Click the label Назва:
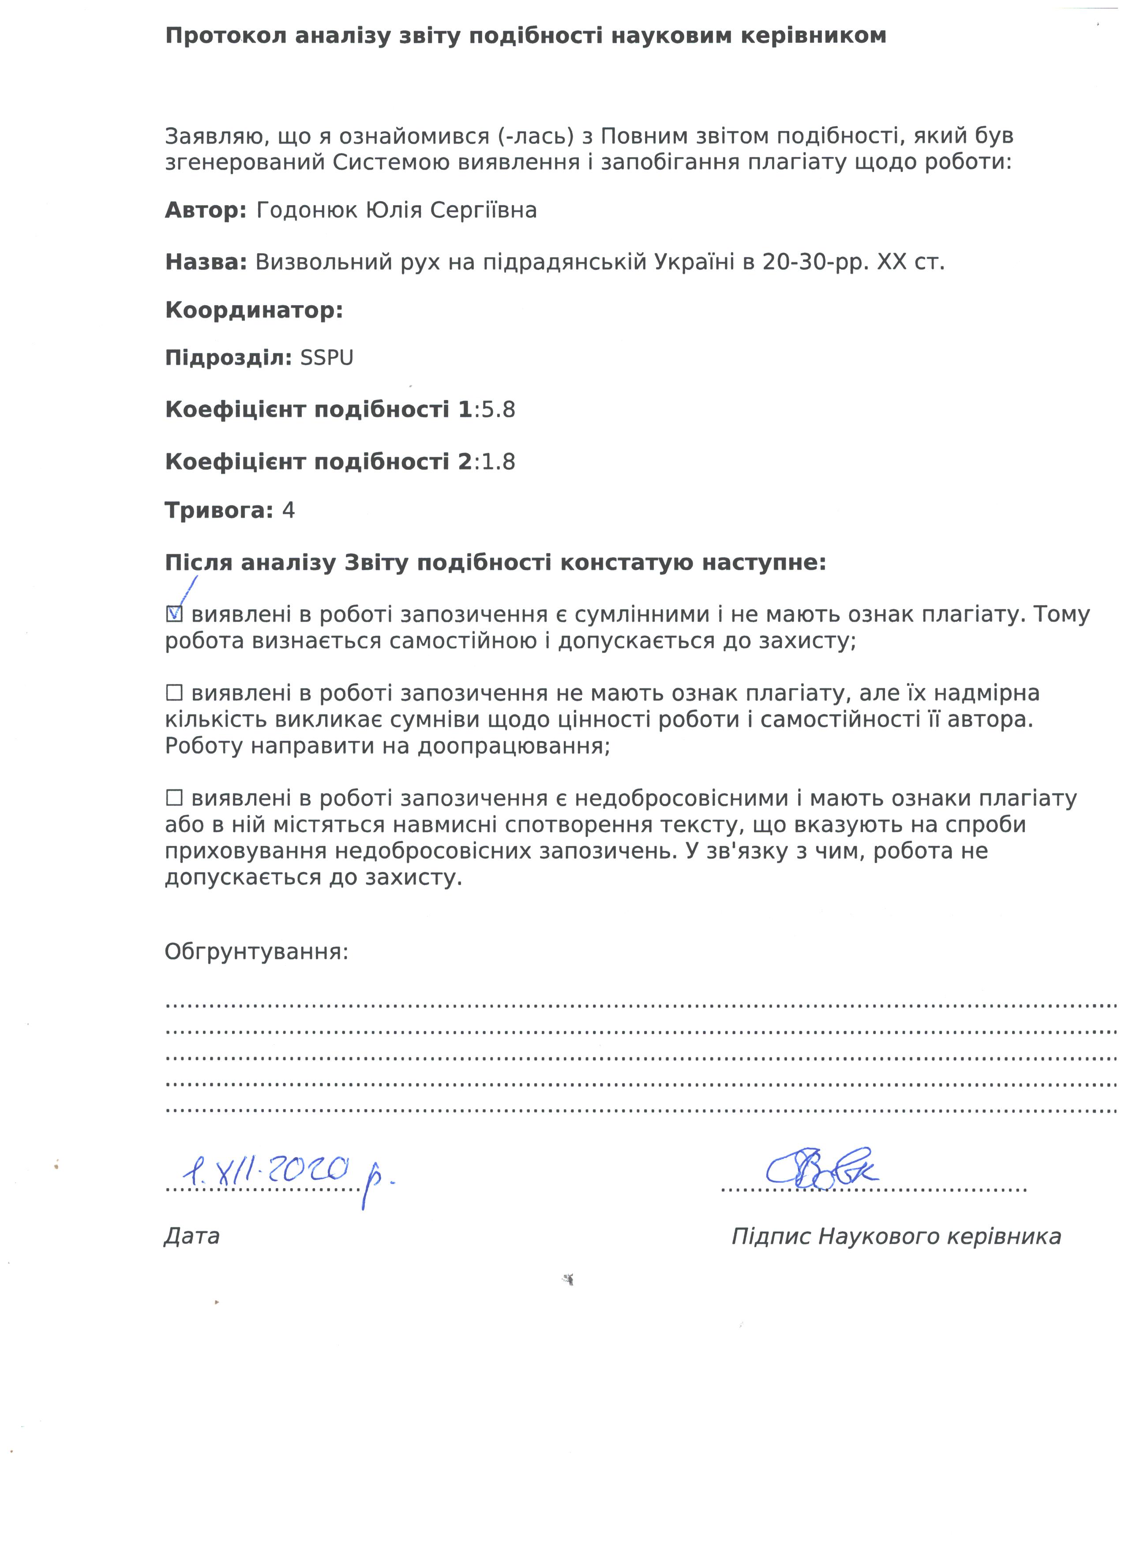point(205,262)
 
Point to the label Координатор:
point(254,311)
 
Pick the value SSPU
point(327,358)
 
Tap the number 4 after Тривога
point(289,511)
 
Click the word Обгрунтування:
point(256,952)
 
